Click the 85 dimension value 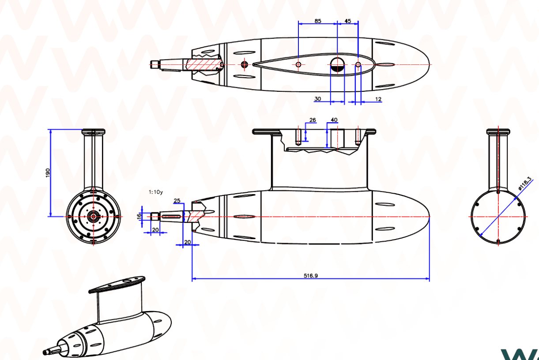tap(318, 21)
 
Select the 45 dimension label tap(348, 21)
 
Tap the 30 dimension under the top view tap(317, 99)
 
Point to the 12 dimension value tap(378, 99)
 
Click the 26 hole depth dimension tap(313, 120)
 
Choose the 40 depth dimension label tap(334, 120)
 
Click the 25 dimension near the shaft tap(177, 201)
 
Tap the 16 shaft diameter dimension tap(139, 216)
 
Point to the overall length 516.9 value tap(310, 275)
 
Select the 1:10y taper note tap(156, 192)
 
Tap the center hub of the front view tap(94, 216)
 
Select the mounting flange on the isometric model tap(117, 285)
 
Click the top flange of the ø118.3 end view tap(498, 131)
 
